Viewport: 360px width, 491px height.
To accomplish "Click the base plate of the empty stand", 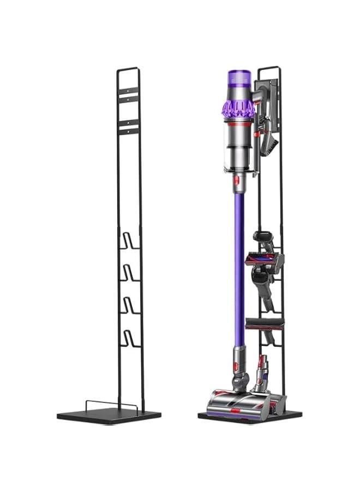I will [109, 416].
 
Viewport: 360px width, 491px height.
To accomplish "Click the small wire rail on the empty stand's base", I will [110, 404].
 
